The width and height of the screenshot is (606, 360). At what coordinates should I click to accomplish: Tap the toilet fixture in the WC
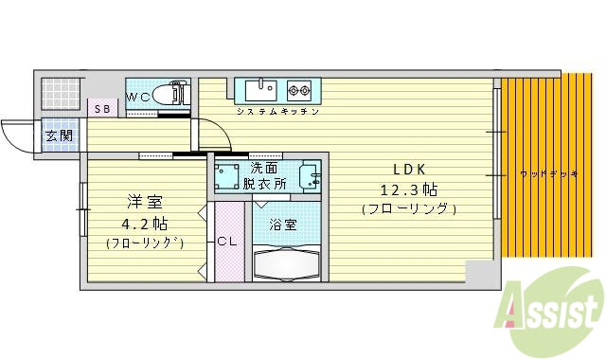[171, 96]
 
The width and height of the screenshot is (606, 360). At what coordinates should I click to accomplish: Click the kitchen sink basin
[260, 91]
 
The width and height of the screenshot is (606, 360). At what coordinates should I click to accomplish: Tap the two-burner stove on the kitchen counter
[299, 91]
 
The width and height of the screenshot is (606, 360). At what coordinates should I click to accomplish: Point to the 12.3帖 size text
[409, 189]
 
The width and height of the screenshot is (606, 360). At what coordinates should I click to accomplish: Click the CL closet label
[227, 242]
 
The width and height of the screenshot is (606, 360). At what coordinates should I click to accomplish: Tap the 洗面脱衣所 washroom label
[264, 176]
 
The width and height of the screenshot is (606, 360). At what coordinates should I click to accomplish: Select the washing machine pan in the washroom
[227, 177]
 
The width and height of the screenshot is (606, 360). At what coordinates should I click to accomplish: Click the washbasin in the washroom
[309, 176]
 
